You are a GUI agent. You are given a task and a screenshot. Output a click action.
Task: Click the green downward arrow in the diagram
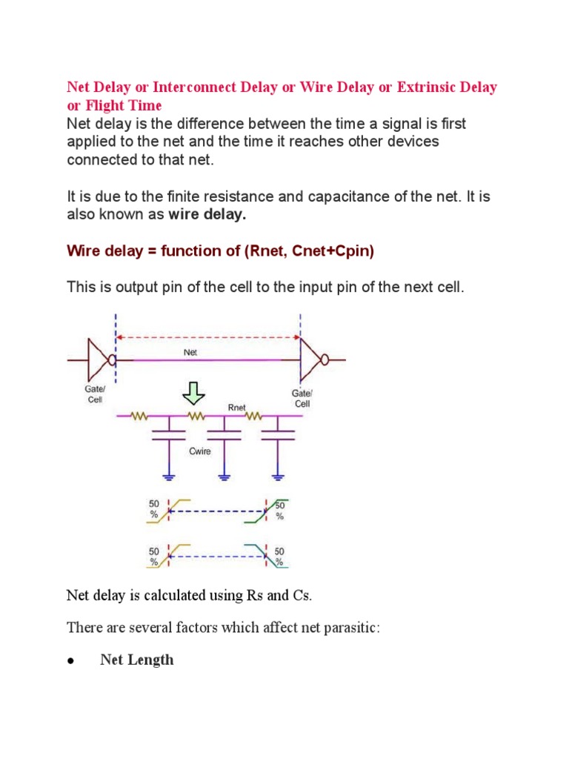(x=195, y=391)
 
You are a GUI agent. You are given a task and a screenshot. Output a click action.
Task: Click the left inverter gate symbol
(x=101, y=360)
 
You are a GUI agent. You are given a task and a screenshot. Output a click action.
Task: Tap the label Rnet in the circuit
(x=237, y=406)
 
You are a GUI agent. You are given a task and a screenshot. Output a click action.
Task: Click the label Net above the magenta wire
(x=192, y=354)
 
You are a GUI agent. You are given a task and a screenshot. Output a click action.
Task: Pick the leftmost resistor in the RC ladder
(x=140, y=417)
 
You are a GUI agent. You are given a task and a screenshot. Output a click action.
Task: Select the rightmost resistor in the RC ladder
(x=255, y=417)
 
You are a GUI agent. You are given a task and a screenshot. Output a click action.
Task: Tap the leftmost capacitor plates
(x=169, y=434)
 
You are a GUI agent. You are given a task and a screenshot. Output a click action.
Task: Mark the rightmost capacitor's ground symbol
(x=279, y=476)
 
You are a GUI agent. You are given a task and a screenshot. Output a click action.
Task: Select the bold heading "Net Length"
(x=137, y=660)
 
